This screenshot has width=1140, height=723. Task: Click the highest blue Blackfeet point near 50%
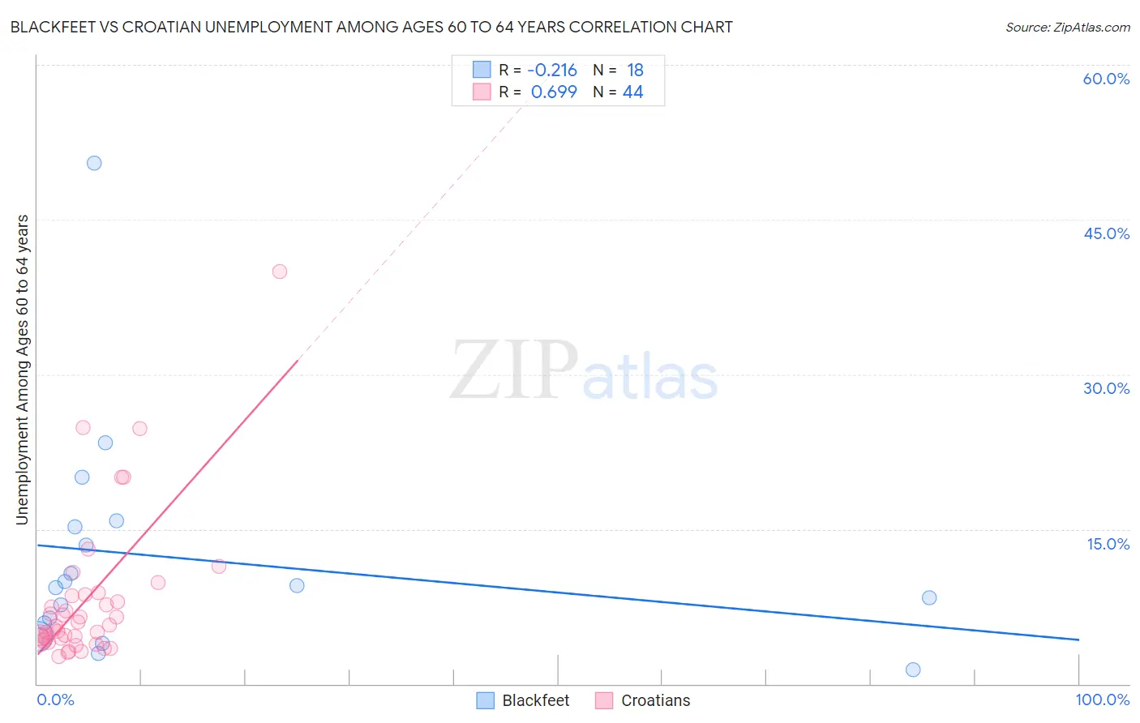pos(94,163)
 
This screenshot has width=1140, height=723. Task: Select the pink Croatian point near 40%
pos(280,272)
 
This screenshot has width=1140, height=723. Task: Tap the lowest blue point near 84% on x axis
pos(913,670)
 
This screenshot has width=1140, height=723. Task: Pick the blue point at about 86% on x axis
pos(929,597)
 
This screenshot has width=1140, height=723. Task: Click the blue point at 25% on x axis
pos(297,585)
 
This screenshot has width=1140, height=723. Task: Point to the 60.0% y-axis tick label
pos(1106,79)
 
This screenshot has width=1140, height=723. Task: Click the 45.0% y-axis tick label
pos(1106,233)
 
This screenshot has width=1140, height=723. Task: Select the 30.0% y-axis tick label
pos(1106,388)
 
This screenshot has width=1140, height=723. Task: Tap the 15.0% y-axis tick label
pos(1108,544)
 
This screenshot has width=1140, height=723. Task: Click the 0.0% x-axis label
pos(55,699)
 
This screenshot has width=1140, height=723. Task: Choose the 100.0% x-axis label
pos(1102,699)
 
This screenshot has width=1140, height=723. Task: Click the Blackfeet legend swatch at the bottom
pos(485,700)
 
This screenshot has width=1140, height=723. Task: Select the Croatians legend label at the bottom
pos(655,700)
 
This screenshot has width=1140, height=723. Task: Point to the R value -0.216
pos(552,70)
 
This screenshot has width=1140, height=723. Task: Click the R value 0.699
pos(554,92)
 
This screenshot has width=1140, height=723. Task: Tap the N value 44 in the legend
pos(632,92)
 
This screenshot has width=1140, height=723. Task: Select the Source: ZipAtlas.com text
pos(1067,27)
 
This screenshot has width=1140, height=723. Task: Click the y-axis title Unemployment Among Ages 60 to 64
pos(22,369)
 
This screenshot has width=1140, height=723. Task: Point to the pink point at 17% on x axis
pos(218,566)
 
